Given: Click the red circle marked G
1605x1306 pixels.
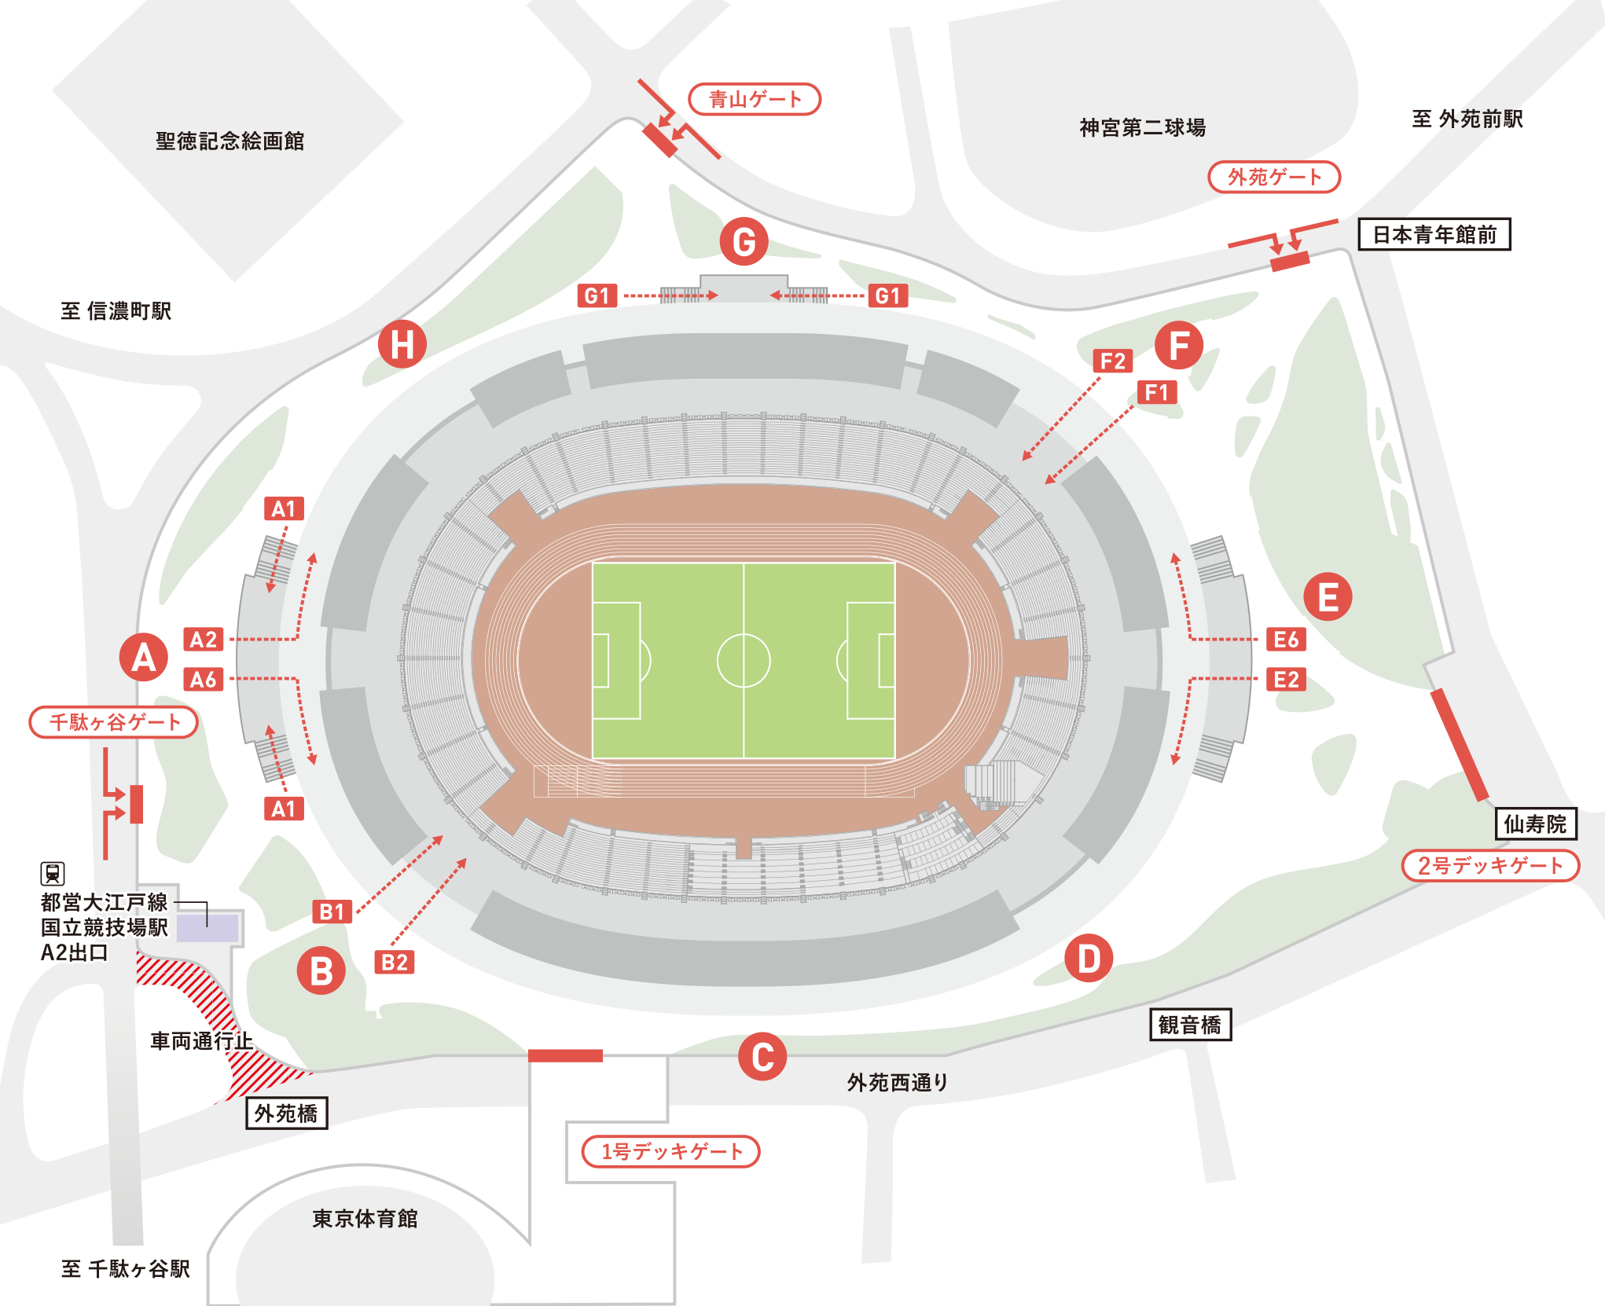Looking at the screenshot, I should (x=744, y=241).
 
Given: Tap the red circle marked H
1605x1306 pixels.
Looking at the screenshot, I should (x=402, y=344).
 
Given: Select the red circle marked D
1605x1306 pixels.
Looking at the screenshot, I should (x=1089, y=959).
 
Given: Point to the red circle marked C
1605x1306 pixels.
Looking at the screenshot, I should (x=762, y=1057).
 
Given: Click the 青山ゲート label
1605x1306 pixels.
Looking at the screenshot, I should (x=755, y=100).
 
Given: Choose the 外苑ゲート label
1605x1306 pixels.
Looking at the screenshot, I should (x=1273, y=177).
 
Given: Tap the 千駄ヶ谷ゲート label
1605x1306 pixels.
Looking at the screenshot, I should (x=114, y=722).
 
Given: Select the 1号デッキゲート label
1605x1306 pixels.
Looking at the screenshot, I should (x=670, y=1151).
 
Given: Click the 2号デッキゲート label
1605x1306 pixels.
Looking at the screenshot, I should (x=1490, y=865).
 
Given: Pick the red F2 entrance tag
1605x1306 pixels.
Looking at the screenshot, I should (x=1113, y=361).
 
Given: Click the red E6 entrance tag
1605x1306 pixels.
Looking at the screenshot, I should (x=1286, y=640).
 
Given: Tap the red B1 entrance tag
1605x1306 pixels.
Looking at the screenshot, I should (x=332, y=912).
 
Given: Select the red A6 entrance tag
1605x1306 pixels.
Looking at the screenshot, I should (x=204, y=679).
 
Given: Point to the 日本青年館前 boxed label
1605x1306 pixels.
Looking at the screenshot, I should (x=1434, y=234).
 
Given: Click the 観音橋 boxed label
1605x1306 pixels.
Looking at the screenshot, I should (x=1190, y=1025).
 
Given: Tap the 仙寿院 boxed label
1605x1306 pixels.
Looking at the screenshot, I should (x=1535, y=824).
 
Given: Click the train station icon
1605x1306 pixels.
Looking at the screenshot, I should (x=53, y=873).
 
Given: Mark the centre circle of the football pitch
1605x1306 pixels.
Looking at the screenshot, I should (x=744, y=661).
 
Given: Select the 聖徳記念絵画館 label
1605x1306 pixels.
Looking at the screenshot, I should (x=230, y=141).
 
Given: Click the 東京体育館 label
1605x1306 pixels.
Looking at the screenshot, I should (x=365, y=1219).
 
